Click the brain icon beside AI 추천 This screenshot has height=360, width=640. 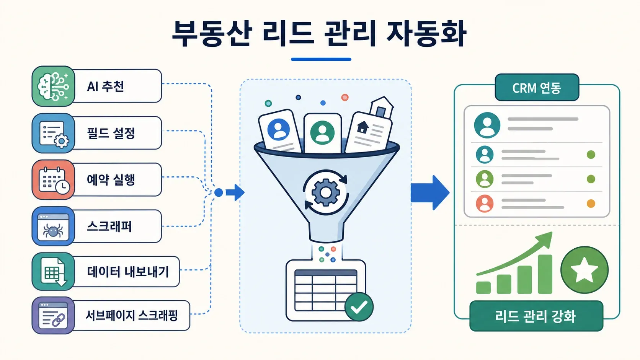tap(54, 86)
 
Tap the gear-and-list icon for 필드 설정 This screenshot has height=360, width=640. tap(54, 133)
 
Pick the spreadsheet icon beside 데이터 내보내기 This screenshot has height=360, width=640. tap(54, 272)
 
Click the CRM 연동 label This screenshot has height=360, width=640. tap(537, 88)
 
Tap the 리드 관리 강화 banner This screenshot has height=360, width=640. tap(536, 316)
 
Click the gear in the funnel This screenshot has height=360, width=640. tap(326, 192)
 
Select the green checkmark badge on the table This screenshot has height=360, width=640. tap(359, 307)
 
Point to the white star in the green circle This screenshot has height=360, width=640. tap(584, 270)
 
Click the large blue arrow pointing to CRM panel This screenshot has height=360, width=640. tap(430, 193)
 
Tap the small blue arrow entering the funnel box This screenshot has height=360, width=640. tap(235, 192)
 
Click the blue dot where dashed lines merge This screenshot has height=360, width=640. tap(219, 193)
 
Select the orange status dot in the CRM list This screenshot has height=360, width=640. tap(591, 204)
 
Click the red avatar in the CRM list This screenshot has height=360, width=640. tap(485, 204)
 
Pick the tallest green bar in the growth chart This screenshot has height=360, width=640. tap(545, 274)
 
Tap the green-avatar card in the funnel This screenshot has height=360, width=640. tap(323, 134)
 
